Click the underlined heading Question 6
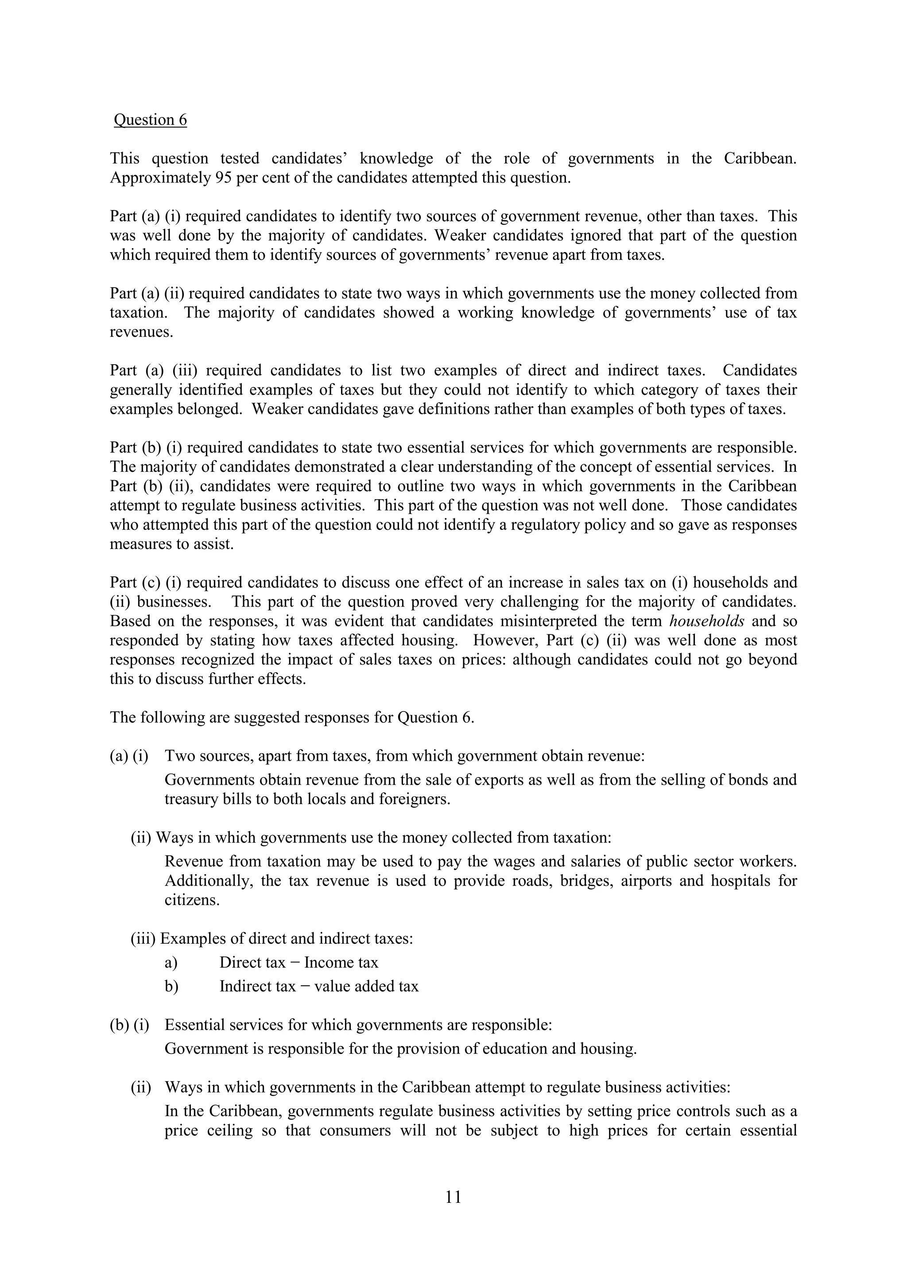click(x=150, y=120)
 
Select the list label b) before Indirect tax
click(x=171, y=986)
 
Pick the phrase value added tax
click(x=366, y=986)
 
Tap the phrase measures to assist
click(x=171, y=544)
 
